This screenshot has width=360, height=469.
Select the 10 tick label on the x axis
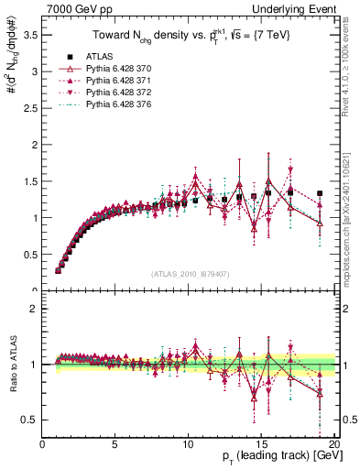click(188, 444)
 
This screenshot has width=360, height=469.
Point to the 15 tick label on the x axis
click(261, 444)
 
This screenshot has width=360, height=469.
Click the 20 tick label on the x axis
click(333, 444)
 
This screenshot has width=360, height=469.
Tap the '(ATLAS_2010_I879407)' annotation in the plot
click(189, 274)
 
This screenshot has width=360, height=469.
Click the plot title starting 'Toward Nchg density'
click(189, 38)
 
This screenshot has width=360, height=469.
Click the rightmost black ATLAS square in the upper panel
click(320, 193)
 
